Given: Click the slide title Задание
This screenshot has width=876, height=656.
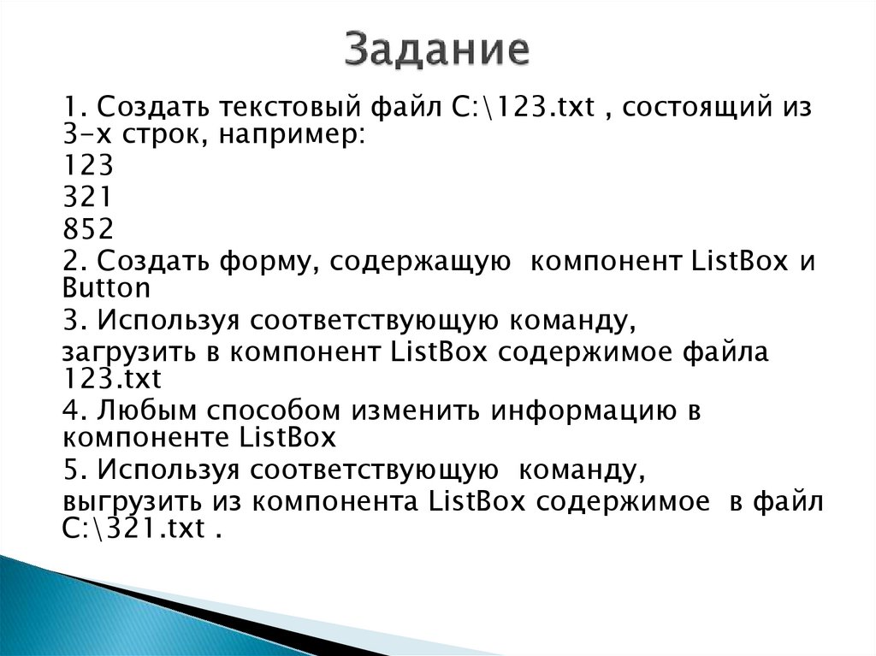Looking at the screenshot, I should coord(438,50).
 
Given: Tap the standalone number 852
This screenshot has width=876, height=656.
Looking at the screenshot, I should coord(87,229).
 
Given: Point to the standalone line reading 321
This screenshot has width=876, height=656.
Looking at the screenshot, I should coord(87,198).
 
